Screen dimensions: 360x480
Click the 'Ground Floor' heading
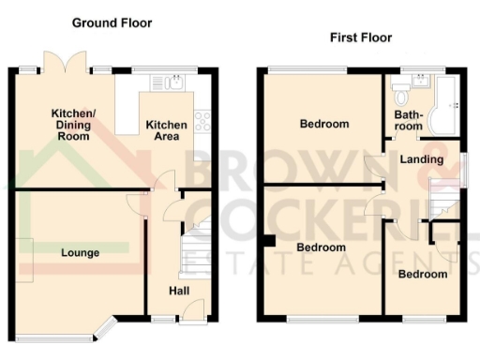coord(112,22)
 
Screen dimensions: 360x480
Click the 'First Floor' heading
coord(360,37)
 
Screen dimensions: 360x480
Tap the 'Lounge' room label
coord(81,253)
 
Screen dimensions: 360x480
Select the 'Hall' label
coord(178,292)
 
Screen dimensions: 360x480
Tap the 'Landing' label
coord(421,159)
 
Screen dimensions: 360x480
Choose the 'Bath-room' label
coord(408,121)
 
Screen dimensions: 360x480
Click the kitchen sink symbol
coord(172,83)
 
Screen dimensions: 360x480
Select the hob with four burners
coord(201,119)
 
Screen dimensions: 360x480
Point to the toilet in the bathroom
coord(401,92)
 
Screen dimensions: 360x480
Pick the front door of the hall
coord(192,311)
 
